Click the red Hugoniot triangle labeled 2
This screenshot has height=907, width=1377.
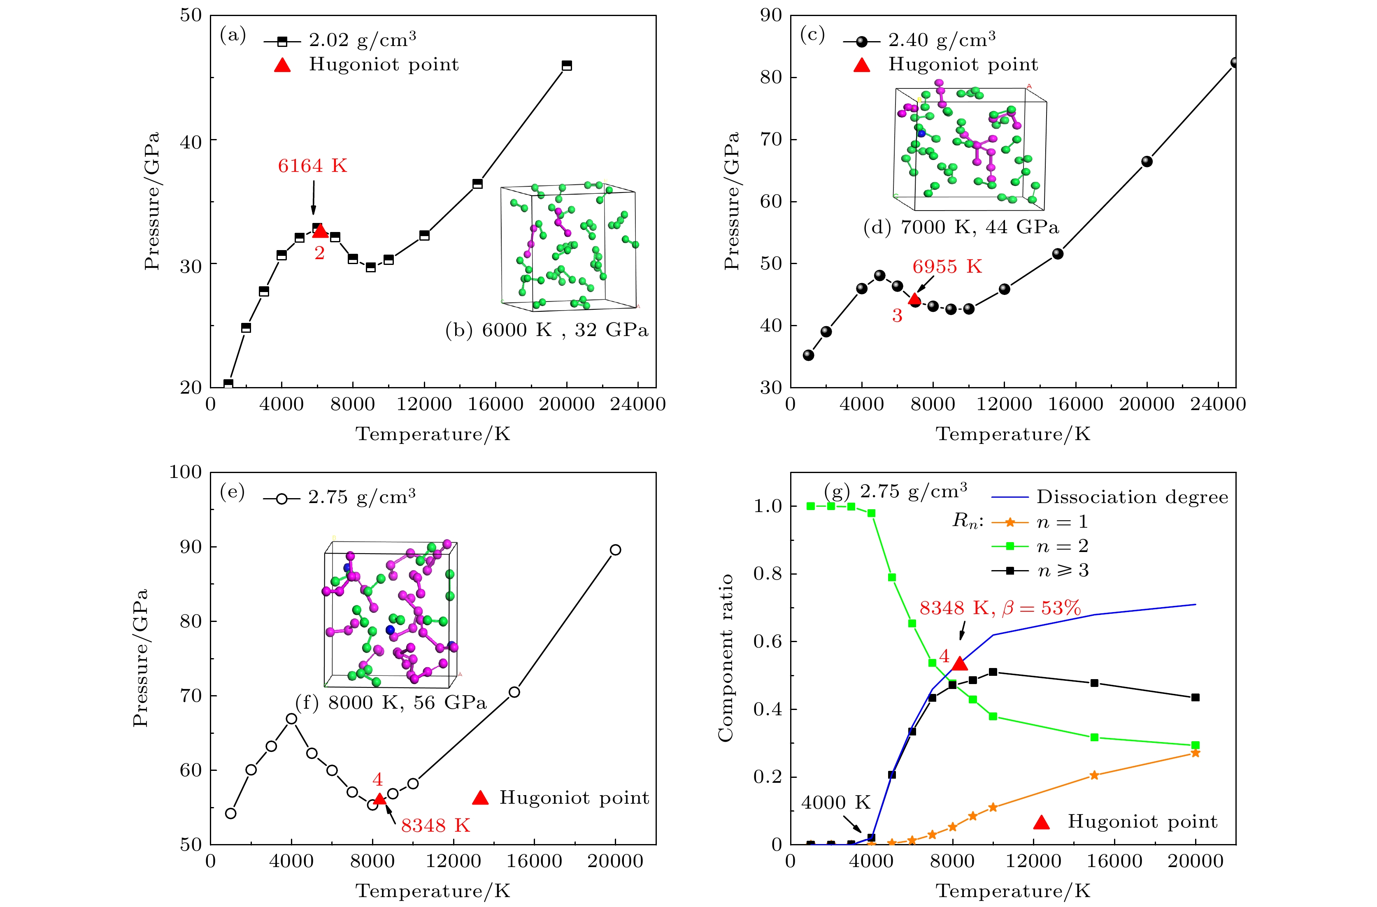coord(320,231)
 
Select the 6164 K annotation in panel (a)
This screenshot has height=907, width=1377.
coord(312,166)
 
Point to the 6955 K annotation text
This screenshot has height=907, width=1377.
coord(947,267)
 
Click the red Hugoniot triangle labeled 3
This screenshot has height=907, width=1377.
coord(914,299)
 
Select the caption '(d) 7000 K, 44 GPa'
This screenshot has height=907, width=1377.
coord(961,227)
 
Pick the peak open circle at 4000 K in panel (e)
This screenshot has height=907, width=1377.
coord(292,719)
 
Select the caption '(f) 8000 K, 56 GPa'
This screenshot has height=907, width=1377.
coord(391,703)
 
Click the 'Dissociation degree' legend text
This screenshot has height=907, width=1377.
coord(1132,497)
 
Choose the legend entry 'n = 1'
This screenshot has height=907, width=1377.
coord(1062,522)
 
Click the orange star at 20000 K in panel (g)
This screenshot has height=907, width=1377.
coord(1196,753)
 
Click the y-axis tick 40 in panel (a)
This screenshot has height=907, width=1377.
coord(191,141)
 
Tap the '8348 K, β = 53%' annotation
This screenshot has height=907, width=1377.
coord(1000,608)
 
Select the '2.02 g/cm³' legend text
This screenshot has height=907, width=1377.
coord(362,40)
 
